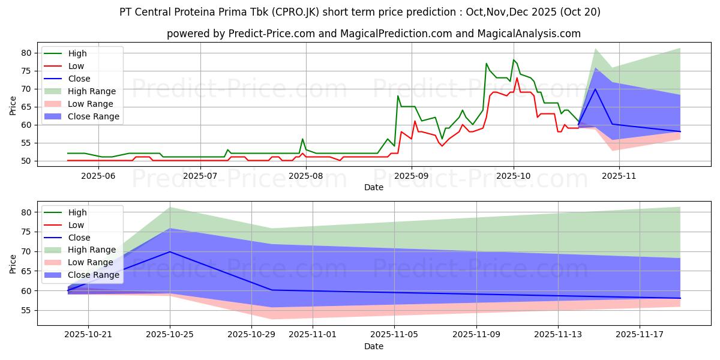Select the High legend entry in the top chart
click(77, 53)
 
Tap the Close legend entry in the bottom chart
click(79, 238)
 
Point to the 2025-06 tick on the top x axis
click(98, 176)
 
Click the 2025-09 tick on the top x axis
click(411, 176)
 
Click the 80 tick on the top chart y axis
click(26, 53)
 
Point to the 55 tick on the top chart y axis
click(26, 143)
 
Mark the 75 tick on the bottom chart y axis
click(26, 232)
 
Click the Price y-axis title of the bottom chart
click(13, 263)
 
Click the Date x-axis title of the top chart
click(373, 187)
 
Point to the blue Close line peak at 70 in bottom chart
click(170, 251)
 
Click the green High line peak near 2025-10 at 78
click(514, 59)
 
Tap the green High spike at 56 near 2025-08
click(302, 139)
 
